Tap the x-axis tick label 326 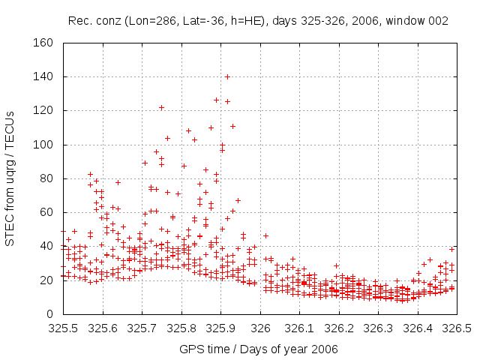[260, 328]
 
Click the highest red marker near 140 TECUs [227, 76]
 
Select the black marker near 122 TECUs [161, 108]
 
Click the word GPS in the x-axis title [190, 349]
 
